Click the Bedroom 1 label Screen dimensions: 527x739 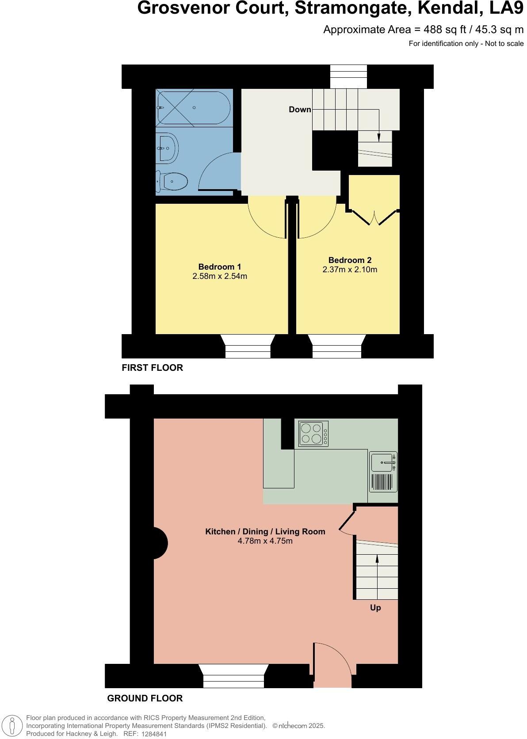219,267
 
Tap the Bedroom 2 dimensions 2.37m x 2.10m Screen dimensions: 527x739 349,269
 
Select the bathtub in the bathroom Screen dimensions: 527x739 194,107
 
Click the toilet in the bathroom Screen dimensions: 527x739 172,181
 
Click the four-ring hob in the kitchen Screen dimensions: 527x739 313,433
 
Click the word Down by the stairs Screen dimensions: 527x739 300,110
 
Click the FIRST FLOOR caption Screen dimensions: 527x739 152,368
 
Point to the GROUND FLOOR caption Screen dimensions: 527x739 145,698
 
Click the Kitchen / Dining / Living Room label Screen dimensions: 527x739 265,531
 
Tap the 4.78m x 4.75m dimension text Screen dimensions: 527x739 265,541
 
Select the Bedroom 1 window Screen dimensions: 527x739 248,346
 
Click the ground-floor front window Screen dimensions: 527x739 233,676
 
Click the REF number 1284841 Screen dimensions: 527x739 154,734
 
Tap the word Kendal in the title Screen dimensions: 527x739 450,8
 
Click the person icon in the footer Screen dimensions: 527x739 12,726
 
